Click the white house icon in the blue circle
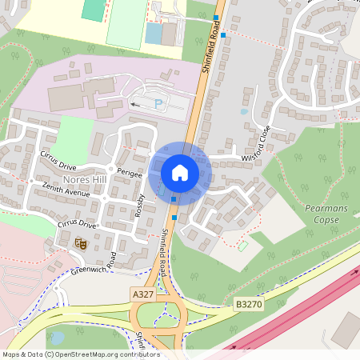click(x=180, y=173)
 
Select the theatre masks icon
click(x=79, y=242)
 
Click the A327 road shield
click(x=142, y=294)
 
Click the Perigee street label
click(x=129, y=173)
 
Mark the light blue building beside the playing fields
click(x=154, y=34)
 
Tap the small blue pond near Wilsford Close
click(x=243, y=112)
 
